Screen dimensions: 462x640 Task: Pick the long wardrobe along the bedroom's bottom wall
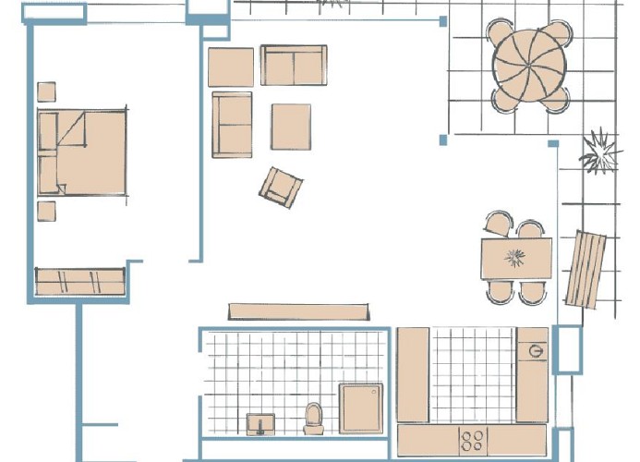click(79, 282)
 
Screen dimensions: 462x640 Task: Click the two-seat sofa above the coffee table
click(293, 66)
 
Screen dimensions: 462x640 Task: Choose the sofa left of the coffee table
click(232, 124)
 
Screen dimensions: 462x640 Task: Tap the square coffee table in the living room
click(290, 127)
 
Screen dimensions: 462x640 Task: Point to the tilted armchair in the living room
click(282, 187)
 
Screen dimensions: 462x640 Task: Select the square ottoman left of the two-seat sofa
click(230, 67)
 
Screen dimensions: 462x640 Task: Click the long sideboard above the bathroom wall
click(300, 310)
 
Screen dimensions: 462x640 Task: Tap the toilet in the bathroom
click(313, 418)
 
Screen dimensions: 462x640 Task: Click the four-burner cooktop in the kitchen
click(474, 440)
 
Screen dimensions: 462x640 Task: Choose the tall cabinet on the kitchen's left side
click(413, 374)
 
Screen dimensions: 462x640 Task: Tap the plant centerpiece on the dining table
click(515, 256)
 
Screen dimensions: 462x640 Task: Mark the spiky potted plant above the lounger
click(599, 152)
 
